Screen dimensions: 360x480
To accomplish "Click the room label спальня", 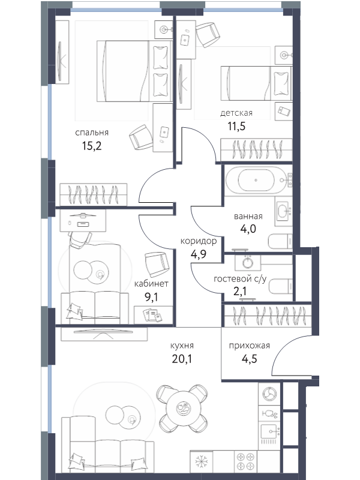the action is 92,133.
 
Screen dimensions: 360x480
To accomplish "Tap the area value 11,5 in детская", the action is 236,126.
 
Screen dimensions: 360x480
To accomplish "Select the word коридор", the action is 199,241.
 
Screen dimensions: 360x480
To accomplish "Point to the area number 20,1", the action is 182,358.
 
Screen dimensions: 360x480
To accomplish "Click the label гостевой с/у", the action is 240,279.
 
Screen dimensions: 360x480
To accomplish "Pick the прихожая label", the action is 250,346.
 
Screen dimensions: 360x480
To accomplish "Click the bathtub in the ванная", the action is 256,180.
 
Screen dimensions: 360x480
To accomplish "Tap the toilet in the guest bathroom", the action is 281,286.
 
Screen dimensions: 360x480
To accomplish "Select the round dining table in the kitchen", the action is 183,408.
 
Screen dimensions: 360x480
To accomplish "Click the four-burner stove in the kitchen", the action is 246,461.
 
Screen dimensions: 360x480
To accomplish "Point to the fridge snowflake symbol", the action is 201,461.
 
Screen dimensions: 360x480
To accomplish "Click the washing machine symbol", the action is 269,394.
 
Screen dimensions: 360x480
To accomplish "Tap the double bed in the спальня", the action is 134,71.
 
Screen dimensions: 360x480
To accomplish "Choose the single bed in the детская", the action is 256,83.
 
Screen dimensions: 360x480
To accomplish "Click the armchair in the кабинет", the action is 157,264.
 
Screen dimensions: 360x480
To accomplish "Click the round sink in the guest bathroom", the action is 248,262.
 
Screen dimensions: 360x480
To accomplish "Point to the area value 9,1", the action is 151,296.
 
